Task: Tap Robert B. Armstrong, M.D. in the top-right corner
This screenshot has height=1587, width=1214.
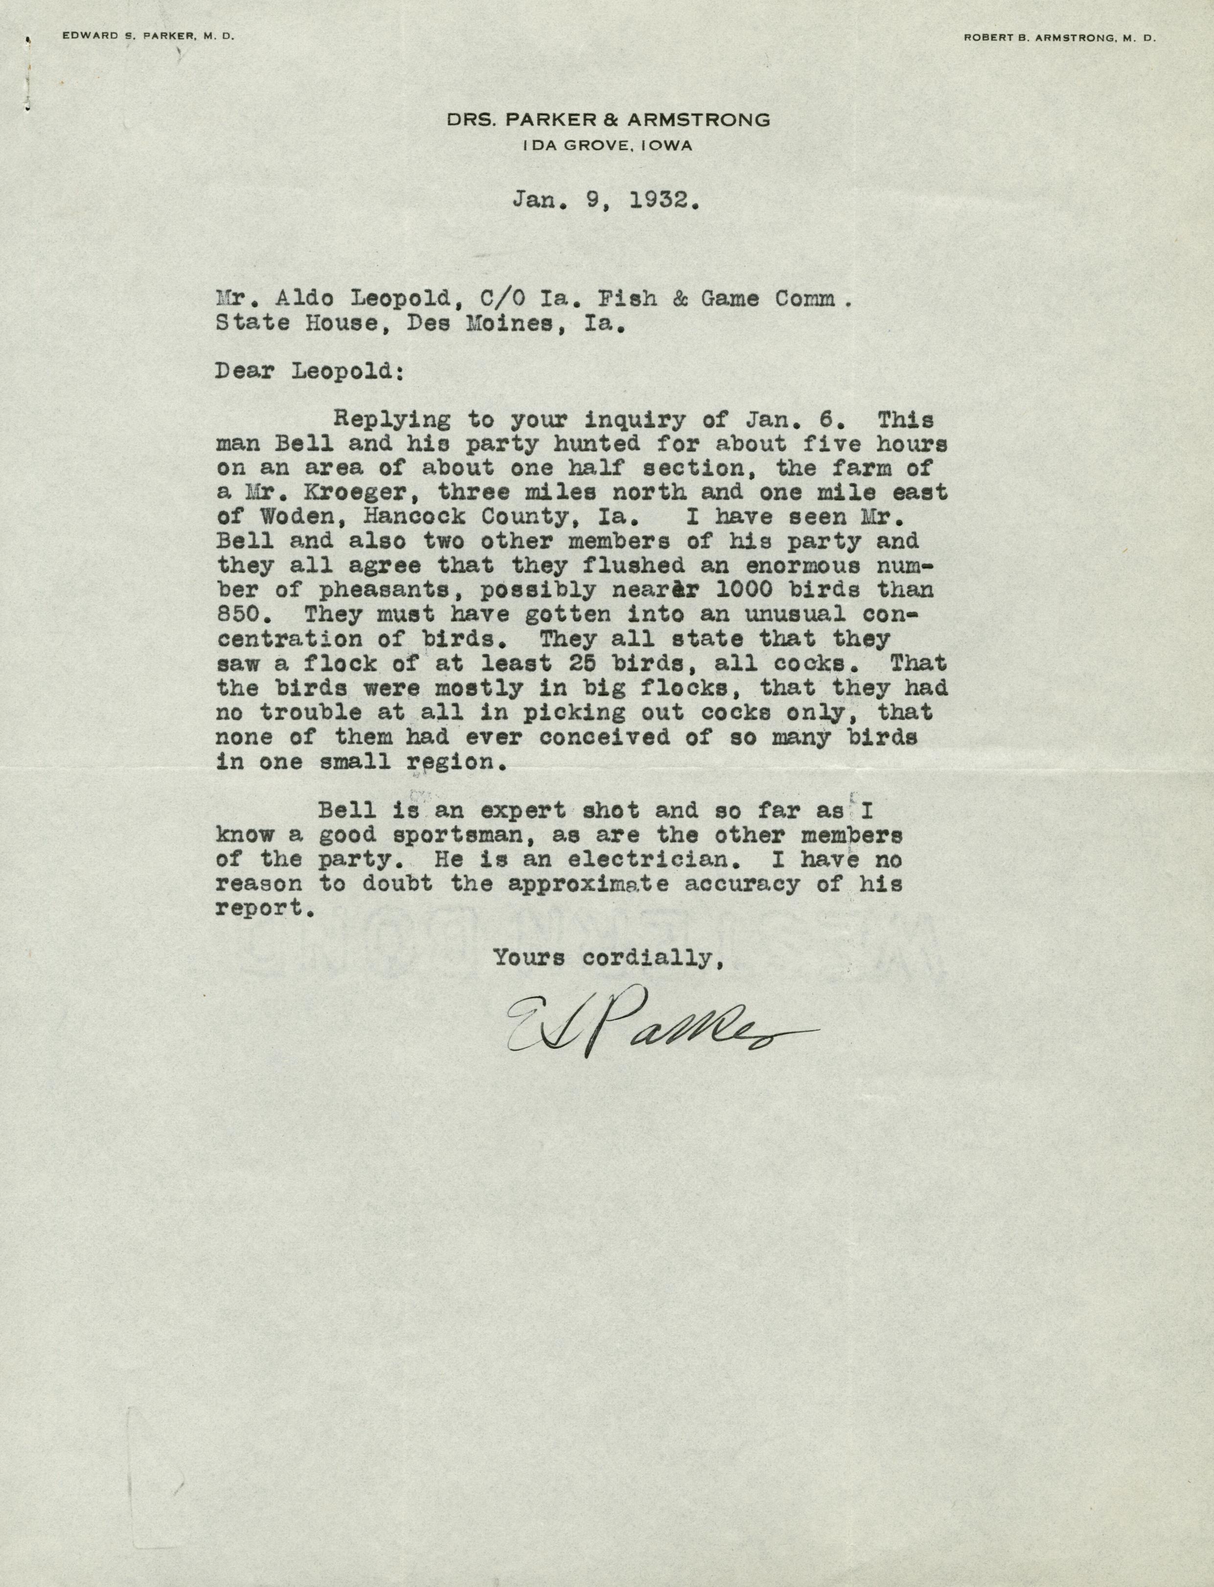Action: (x=1059, y=39)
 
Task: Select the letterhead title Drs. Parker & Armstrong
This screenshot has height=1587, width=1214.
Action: (x=608, y=120)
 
